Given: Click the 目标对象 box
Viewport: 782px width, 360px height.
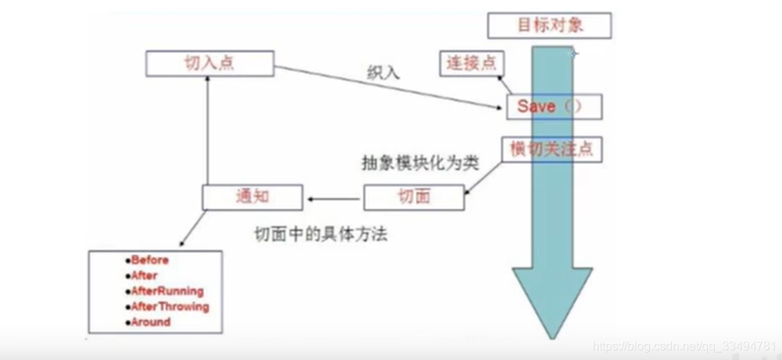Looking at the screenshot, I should (550, 26).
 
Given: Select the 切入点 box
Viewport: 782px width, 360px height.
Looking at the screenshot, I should (209, 63).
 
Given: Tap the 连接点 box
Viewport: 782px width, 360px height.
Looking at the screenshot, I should (472, 63).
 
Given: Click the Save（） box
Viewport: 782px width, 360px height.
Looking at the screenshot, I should (554, 107).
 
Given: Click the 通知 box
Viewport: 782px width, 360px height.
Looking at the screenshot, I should (252, 198).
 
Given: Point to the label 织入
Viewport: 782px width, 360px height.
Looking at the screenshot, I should (383, 73).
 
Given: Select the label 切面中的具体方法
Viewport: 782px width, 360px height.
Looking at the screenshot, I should (320, 235).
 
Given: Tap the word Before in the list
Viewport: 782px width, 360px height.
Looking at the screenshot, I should (149, 260).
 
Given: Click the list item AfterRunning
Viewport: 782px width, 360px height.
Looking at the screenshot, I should (167, 291).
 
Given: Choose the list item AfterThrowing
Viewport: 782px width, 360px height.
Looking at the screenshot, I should (170, 306).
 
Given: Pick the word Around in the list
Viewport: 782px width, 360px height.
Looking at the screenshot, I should (150, 322).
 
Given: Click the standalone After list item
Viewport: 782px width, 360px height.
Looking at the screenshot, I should (144, 275).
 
